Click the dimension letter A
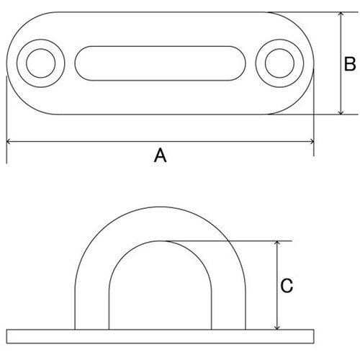click(x=160, y=156)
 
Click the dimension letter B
click(x=350, y=64)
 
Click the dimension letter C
click(x=287, y=285)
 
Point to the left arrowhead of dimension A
click(x=9, y=142)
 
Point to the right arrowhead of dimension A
click(x=312, y=142)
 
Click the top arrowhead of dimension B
click(x=341, y=14)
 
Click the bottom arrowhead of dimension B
click(x=341, y=112)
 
